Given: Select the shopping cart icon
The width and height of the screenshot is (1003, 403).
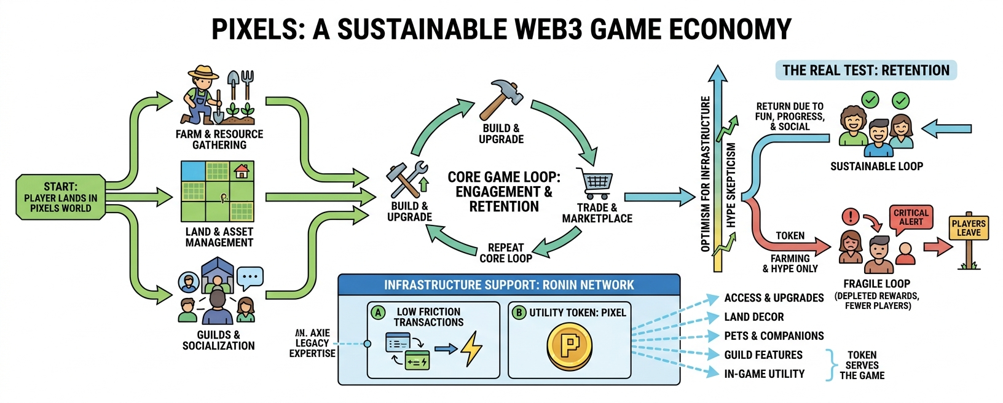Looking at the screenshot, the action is click(595, 183).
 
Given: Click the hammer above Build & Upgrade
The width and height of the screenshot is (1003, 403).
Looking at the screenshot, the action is click(501, 100).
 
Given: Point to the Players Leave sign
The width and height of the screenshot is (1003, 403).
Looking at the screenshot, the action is click(969, 228).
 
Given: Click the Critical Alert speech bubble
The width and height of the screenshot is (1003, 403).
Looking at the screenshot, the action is click(911, 219).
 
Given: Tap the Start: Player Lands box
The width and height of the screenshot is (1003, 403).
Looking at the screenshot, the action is click(61, 197).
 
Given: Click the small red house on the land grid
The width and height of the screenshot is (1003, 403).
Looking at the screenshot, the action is click(242, 171).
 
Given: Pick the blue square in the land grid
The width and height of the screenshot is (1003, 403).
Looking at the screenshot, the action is click(193, 171).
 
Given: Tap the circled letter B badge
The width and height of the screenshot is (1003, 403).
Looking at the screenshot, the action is click(519, 312).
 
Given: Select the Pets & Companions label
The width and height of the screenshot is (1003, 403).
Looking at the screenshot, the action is click(774, 336).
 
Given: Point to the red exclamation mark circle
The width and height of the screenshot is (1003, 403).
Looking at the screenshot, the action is click(851, 217).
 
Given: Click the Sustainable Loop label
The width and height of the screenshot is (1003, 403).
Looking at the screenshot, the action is click(877, 166).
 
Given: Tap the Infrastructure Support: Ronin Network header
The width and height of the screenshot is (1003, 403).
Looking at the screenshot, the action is click(509, 285).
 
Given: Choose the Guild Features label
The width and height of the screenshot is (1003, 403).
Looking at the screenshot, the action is click(763, 355).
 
